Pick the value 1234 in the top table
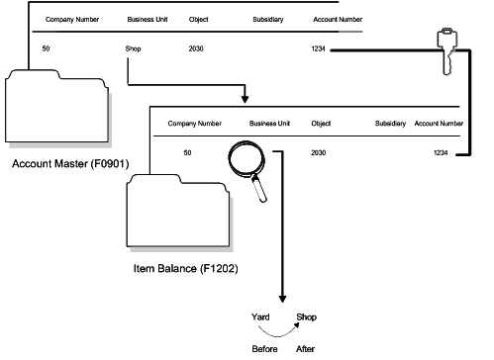click(318, 47)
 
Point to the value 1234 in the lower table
click(441, 152)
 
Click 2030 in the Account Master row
click(197, 47)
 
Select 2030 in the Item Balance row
click(318, 152)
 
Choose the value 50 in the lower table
click(187, 152)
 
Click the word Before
click(263, 349)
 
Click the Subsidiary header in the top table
click(255, 19)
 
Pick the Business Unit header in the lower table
click(267, 124)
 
